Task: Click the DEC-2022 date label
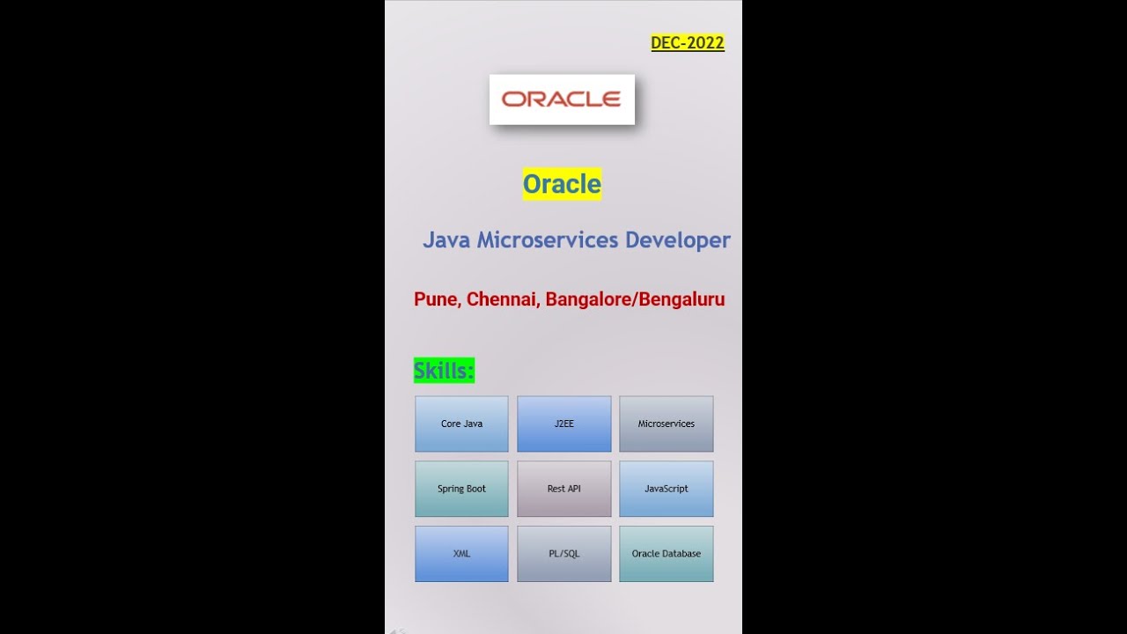(x=687, y=43)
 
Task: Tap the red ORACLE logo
(x=562, y=100)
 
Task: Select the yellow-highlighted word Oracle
(x=562, y=184)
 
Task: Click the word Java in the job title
(x=446, y=240)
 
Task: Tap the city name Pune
(x=436, y=299)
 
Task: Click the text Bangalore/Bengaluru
(x=635, y=299)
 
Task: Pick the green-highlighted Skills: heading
(x=444, y=371)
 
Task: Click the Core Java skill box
(x=461, y=424)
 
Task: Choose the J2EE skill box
(x=563, y=424)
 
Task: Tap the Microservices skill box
(x=666, y=424)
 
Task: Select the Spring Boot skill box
(x=461, y=489)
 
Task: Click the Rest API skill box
(x=563, y=489)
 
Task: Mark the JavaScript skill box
(x=666, y=489)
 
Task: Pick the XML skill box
(x=461, y=554)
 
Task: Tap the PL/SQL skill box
(x=563, y=554)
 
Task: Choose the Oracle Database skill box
(x=666, y=554)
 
